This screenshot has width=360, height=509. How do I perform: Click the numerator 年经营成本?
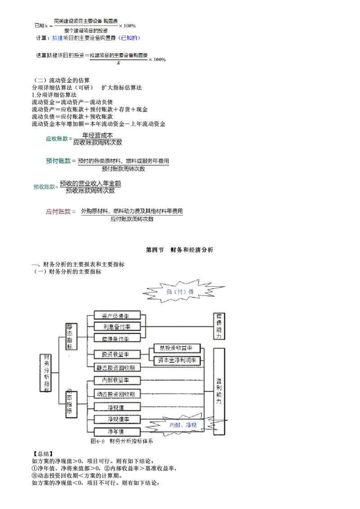click(x=98, y=135)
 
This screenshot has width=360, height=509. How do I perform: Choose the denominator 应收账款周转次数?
click(x=98, y=143)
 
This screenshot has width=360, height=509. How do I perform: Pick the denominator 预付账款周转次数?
click(x=123, y=169)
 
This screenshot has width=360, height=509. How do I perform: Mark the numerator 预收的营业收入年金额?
click(x=91, y=183)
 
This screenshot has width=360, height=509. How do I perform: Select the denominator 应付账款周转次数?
click(x=132, y=219)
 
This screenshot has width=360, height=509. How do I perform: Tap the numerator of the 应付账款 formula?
click(x=131, y=211)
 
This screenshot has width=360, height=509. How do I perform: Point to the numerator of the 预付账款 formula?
click(x=123, y=161)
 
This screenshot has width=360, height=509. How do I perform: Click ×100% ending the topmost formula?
click(x=127, y=26)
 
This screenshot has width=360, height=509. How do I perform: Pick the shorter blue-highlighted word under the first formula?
click(x=57, y=39)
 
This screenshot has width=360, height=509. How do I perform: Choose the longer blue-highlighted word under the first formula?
click(x=129, y=39)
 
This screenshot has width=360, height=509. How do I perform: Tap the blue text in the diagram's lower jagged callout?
click(x=183, y=425)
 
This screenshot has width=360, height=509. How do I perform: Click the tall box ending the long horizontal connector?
click(x=220, y=326)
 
